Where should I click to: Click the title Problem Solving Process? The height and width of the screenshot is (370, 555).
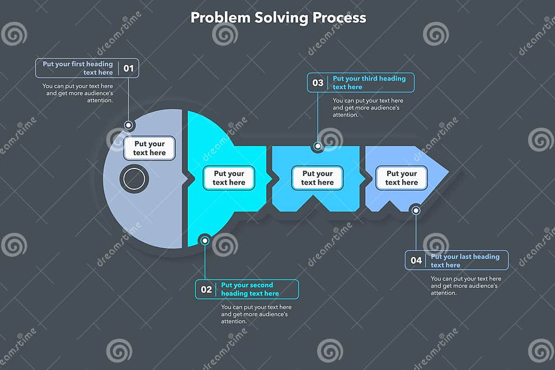pos(278,17)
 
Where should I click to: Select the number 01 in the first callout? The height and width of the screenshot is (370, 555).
pos(129,68)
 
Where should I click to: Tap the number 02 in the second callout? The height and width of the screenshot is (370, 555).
pos(206,289)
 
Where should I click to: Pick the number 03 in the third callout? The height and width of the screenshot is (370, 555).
pos(318,83)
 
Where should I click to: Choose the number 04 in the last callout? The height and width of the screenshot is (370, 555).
pos(416,260)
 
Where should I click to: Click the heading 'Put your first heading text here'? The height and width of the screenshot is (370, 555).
pos(78,68)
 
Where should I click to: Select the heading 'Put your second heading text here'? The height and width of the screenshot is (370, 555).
pos(250,289)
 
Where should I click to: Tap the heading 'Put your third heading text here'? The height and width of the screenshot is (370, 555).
pos(369,83)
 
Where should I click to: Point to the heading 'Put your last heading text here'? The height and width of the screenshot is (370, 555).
pos(464,260)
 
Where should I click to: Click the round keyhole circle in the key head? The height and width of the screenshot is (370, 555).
pos(134,179)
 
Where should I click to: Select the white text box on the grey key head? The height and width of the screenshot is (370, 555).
pos(149,148)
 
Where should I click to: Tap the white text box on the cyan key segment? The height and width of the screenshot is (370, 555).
pos(229,178)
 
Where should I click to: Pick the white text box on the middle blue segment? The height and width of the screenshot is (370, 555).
pos(317,178)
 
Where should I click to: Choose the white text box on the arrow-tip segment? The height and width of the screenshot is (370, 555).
pos(401,178)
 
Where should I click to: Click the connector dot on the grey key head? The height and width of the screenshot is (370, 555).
pos(129,125)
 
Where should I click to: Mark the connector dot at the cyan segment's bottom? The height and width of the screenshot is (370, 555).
pos(205,241)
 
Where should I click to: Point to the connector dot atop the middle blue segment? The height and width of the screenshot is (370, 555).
pos(318,147)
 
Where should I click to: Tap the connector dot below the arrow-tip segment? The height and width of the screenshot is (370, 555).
pos(416,210)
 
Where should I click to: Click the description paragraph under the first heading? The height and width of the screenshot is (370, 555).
pos(78,93)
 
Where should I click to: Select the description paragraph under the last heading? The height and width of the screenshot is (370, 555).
pos(465,285)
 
